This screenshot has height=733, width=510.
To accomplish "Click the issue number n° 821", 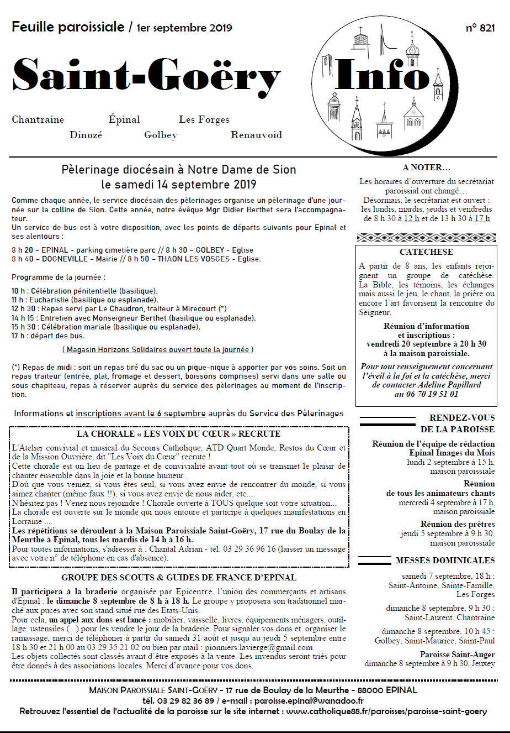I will (x=480, y=28).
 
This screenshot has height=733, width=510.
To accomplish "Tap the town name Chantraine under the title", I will (x=38, y=119).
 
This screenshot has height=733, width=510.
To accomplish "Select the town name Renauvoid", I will (x=256, y=135).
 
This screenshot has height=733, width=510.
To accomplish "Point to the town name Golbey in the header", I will (x=161, y=135).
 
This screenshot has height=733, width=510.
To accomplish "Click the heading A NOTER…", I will (x=426, y=167).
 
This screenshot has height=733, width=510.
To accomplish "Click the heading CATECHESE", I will (x=426, y=252).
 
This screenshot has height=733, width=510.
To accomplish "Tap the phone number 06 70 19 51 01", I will (x=426, y=394).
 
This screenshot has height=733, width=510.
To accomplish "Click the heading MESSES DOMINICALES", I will (x=445, y=561).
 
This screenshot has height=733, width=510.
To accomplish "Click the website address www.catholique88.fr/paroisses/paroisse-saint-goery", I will (x=386, y=711).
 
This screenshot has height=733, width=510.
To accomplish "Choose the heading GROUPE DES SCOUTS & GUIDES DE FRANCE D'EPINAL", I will (x=179, y=578).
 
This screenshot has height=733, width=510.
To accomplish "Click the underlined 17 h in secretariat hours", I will (x=482, y=218).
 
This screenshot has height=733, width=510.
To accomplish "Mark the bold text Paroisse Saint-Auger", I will (x=457, y=655).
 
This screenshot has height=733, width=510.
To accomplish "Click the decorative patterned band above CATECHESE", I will (x=426, y=238).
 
